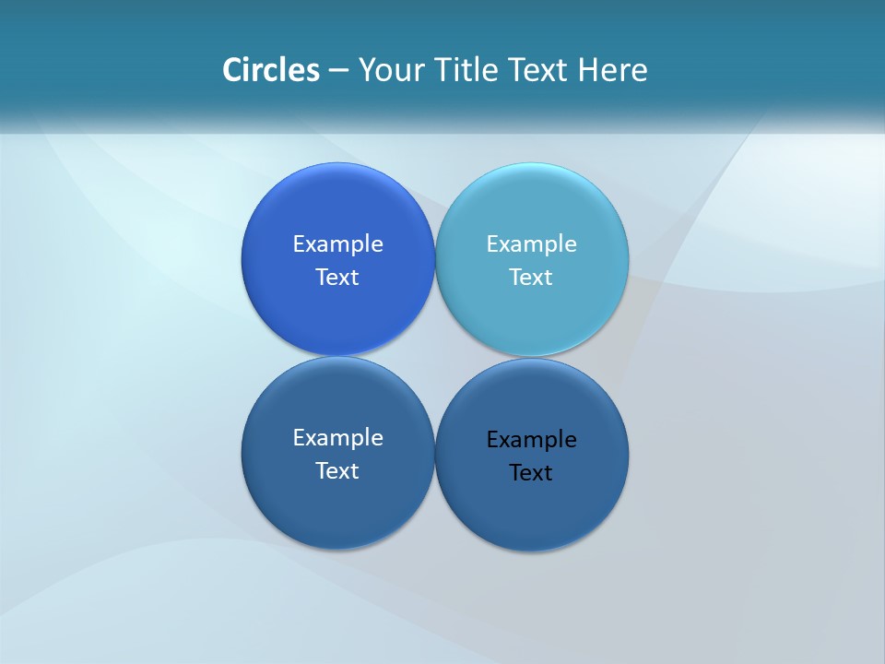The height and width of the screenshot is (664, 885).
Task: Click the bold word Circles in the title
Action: point(271,70)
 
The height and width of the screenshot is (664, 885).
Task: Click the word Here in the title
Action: point(613,70)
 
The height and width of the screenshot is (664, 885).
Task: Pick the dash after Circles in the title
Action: point(338,71)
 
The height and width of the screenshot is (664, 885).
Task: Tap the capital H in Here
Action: point(587,70)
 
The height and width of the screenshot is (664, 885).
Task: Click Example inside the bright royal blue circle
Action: point(337,244)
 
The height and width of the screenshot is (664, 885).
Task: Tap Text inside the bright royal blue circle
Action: point(337,278)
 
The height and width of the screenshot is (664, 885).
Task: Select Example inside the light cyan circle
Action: point(531,244)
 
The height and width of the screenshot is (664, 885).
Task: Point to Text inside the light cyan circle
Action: point(531,278)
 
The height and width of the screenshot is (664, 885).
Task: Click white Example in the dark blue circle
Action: point(337,438)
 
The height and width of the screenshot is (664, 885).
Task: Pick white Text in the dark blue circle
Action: point(337,471)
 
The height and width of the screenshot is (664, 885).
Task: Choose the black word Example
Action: point(531,440)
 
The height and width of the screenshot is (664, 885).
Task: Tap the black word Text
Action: point(531,473)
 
